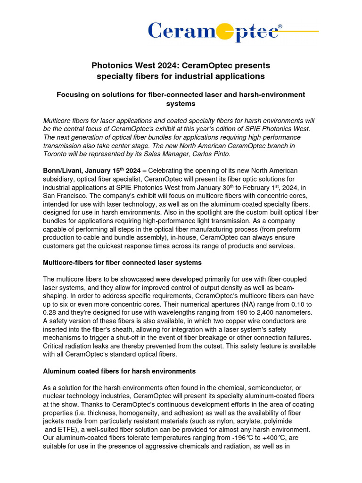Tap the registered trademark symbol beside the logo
(280, 27)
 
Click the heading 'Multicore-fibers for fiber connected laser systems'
(122, 262)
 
